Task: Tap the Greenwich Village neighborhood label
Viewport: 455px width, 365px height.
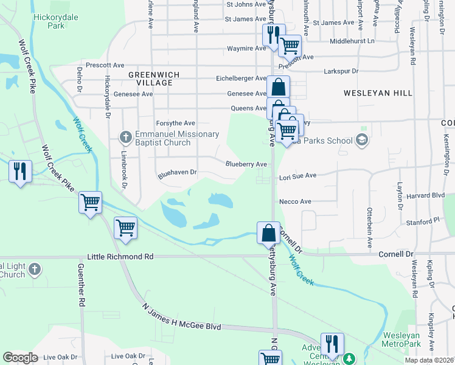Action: coord(146,78)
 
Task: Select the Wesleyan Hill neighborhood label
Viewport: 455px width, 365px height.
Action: coord(378,93)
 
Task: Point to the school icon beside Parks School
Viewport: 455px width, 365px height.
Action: coord(362,141)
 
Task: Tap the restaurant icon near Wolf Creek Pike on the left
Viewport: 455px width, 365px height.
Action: coord(20,170)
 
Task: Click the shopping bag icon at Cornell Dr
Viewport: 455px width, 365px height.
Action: coord(268,232)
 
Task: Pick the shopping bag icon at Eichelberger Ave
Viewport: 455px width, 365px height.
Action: coord(278,86)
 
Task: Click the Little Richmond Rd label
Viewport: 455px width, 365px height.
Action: coord(120,257)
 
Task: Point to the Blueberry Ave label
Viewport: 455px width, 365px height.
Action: coord(246,164)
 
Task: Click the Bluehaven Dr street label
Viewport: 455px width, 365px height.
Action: coord(178,173)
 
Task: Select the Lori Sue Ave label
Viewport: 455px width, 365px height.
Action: coord(297,176)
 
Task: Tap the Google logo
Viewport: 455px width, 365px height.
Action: coord(20,358)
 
